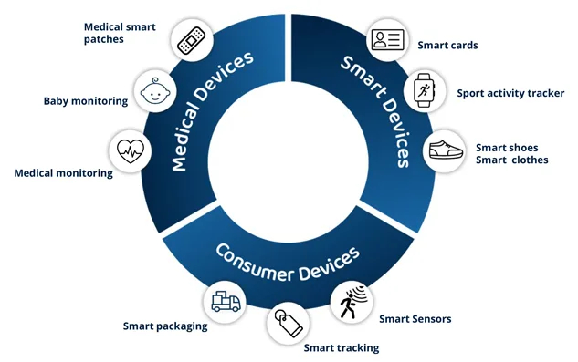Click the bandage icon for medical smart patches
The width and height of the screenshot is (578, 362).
pos(192,40)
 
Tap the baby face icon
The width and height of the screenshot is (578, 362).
pos(155,90)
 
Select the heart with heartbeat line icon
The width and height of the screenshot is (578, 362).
pos(131,151)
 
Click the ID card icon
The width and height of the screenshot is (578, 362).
pos(387,40)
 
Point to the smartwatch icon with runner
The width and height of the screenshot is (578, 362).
pos(425,90)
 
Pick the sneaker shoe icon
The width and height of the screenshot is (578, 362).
pos(446,150)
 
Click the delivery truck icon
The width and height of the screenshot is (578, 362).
pos(226,302)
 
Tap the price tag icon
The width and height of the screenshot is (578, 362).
pos(289,323)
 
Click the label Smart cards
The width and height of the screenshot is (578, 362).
pos(447,46)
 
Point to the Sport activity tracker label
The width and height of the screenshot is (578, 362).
pos(510,93)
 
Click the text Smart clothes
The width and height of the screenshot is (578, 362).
pos(511,160)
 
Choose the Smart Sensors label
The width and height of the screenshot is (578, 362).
pos(415,319)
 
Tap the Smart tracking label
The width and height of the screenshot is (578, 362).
pos(342,348)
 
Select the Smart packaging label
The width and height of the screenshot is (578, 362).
pos(165,326)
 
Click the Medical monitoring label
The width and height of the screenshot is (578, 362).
pos(63,173)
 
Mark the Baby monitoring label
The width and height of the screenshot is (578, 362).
pos(86,101)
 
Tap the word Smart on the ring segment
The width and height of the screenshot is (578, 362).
pos(363,77)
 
